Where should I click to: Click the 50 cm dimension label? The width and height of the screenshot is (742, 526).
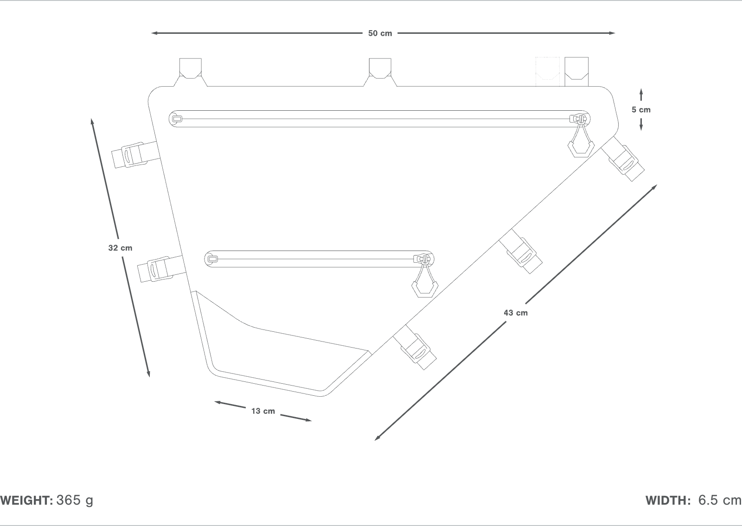(x=380, y=33)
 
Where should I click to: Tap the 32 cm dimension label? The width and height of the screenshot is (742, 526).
(x=120, y=248)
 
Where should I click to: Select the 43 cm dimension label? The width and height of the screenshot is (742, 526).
(x=516, y=313)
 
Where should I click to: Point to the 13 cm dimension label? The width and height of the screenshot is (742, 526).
(x=263, y=411)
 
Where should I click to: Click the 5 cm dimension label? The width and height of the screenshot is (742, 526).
(x=641, y=110)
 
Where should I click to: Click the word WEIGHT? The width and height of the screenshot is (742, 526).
(x=27, y=501)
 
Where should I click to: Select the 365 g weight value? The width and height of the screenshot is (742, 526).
(x=75, y=501)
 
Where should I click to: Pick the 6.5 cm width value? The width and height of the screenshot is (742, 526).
(x=720, y=501)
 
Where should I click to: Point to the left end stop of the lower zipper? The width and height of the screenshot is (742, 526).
(x=212, y=259)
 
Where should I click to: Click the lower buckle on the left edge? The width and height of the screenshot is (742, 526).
(x=155, y=269)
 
